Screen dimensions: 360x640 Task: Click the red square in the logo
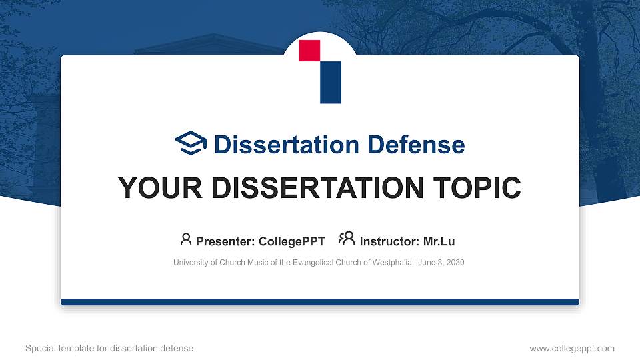tap(309, 51)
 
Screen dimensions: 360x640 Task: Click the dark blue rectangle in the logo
tap(331, 83)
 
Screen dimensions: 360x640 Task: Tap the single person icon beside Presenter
tap(186, 239)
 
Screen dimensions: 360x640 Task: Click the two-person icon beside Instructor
tap(347, 239)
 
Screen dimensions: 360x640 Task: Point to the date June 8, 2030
tap(441, 263)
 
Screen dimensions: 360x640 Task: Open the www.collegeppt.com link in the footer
tap(572, 348)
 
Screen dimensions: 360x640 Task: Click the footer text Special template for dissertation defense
tap(109, 348)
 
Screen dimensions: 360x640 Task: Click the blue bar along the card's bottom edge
tap(320, 302)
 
